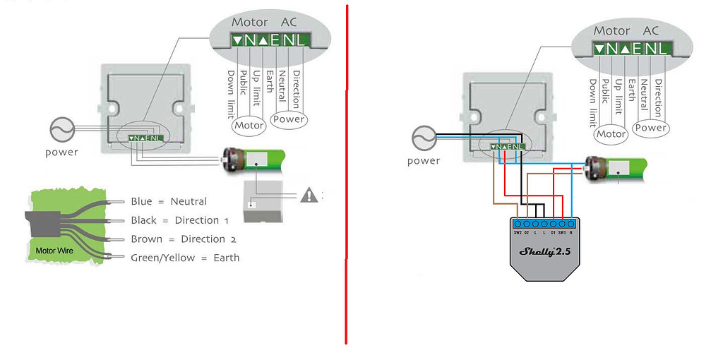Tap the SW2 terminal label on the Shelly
(518, 232)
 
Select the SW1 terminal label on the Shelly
(562, 232)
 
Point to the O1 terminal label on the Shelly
(552, 232)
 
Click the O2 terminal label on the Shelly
(527, 232)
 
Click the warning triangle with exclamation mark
(309, 195)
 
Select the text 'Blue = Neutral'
(169, 202)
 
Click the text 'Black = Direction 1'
(179, 220)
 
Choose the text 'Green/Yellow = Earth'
(185, 258)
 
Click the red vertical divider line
(346, 176)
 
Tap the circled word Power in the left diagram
(289, 119)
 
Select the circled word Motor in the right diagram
(611, 134)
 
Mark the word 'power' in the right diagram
(424, 160)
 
